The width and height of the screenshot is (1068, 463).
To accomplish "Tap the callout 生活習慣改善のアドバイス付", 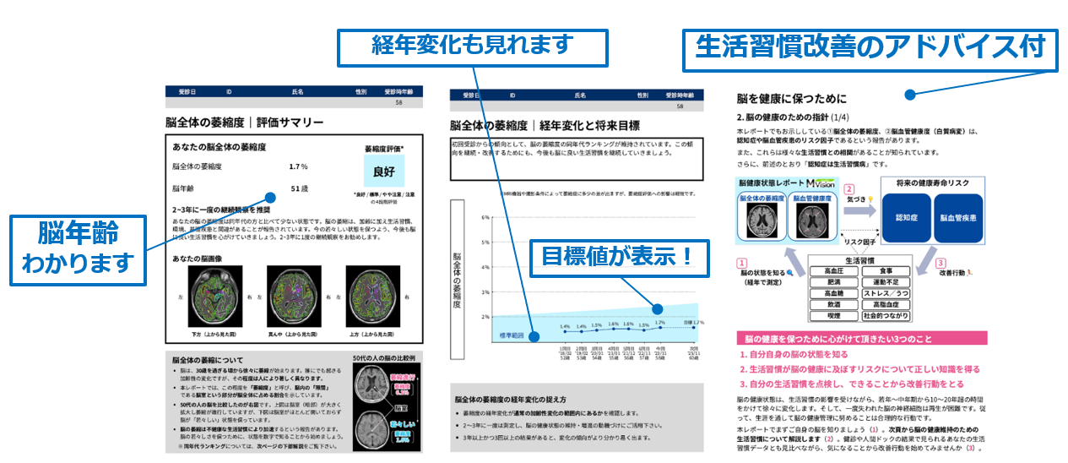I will (870, 46).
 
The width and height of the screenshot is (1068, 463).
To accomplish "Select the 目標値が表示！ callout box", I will (615, 255).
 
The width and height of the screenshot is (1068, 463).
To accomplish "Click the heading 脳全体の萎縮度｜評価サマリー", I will (244, 122).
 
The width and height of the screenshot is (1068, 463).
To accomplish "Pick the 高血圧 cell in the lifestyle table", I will (832, 270).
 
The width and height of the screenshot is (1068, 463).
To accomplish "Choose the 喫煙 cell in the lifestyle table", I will (832, 315).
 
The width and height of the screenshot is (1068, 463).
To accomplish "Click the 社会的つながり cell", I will (886, 315).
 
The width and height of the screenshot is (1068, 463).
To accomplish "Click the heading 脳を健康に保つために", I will (791, 99).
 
